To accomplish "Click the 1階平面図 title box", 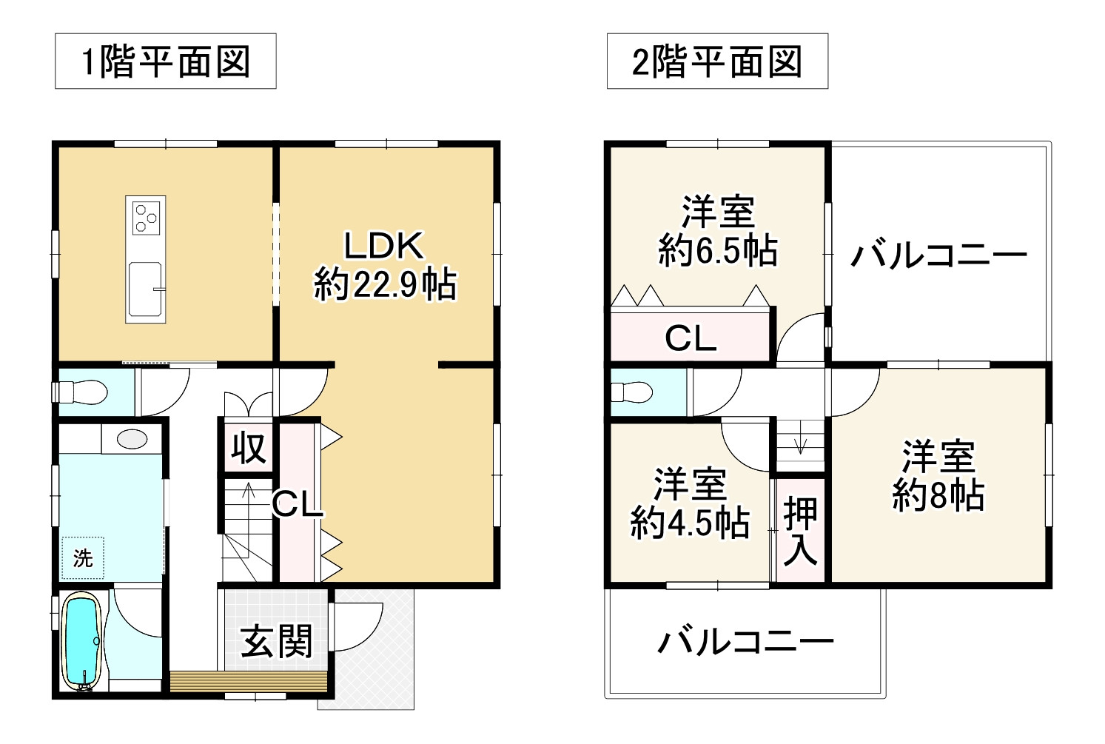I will coord(165,61).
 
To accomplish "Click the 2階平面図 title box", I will coord(716,61).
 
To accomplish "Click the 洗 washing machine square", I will coord(83,557).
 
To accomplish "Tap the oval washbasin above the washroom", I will coord(132,438).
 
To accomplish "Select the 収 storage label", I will coord(248,448).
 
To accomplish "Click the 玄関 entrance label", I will coord(278,641).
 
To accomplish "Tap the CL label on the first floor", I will coord(298,504).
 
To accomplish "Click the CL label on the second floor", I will coord(691,338).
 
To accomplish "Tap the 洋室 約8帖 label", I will coord(938,476).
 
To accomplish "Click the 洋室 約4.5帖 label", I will coord(690,503).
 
